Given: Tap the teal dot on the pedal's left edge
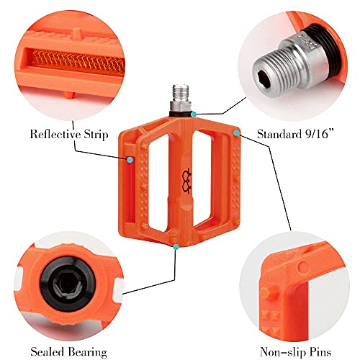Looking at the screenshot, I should coord(130,160).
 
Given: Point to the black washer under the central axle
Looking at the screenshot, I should coord(181,112).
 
